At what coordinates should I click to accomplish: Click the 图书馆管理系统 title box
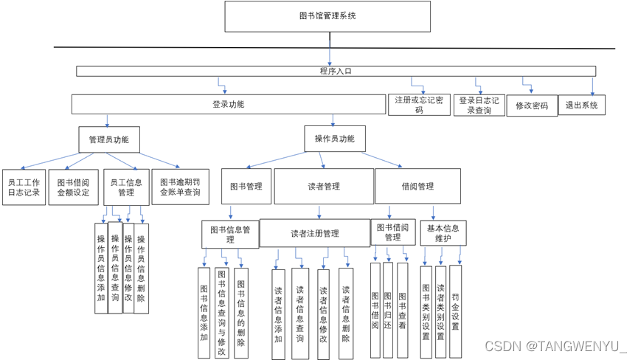pos(327,16)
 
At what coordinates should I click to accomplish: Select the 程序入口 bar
pos(336,72)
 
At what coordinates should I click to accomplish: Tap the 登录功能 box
pos(228,104)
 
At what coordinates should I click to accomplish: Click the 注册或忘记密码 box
pos(418,105)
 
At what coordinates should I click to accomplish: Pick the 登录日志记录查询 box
pos(479,105)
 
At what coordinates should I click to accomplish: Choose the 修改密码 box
pos(531,105)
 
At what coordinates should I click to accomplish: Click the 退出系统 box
pos(582,105)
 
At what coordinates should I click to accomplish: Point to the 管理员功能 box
pos(108,139)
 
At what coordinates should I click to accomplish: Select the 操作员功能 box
pos(334,139)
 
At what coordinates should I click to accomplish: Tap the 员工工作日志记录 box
pos(24,187)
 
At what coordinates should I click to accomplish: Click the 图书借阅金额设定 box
pos(73,187)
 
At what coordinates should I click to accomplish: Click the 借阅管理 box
pos(417,187)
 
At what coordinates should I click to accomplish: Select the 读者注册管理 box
pos(314,233)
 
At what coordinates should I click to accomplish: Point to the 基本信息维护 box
pos(443,233)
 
